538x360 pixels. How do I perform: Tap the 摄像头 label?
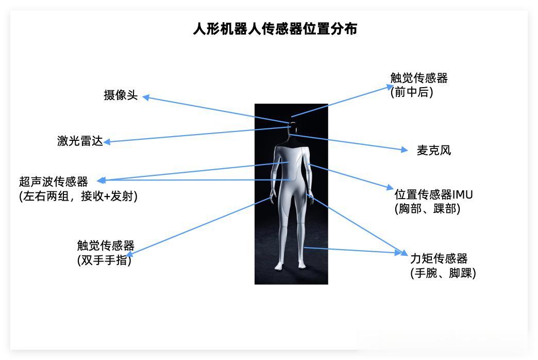[x=121, y=95]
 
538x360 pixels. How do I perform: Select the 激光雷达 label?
[x=80, y=141]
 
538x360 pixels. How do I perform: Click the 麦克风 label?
[x=433, y=151]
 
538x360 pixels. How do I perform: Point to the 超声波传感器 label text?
[x=54, y=182]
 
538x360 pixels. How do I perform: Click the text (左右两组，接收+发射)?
[x=78, y=197]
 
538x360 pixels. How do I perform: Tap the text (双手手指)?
[x=104, y=260]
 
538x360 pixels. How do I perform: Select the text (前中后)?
[x=412, y=92]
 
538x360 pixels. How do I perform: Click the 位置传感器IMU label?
[x=433, y=195]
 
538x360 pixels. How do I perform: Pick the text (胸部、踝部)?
[x=427, y=209]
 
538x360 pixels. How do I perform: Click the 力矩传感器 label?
[x=439, y=258]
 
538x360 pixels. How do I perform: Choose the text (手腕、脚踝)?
[x=443, y=273]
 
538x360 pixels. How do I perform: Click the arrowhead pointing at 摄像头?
[x=146, y=97]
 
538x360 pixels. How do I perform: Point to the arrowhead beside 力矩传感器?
[x=405, y=253]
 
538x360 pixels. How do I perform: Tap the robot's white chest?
[x=292, y=160]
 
